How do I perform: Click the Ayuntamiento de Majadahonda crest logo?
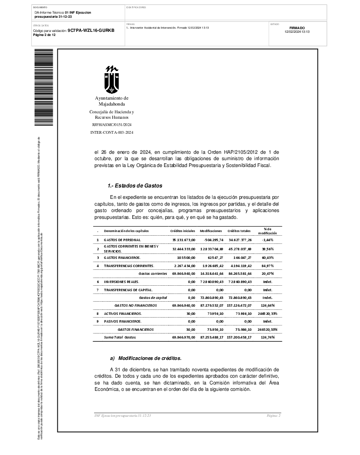coord(111,79)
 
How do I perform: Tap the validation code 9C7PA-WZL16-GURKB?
coord(91,30)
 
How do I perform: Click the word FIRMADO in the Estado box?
coord(297,28)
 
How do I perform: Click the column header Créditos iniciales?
coord(183,231)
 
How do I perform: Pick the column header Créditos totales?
coord(239,231)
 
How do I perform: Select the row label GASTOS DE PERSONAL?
coord(122,239)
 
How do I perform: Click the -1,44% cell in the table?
coord(267,239)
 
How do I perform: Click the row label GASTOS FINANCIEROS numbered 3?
coord(122,258)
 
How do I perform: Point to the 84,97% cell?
coord(267,265)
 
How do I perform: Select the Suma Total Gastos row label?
coord(120,338)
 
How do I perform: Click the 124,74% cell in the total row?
coord(267,338)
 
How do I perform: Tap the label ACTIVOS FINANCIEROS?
coord(123,313)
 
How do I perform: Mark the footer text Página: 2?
coord(274,416)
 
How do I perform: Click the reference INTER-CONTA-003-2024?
coord(112,132)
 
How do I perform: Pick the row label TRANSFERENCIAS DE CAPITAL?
coord(128,289)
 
